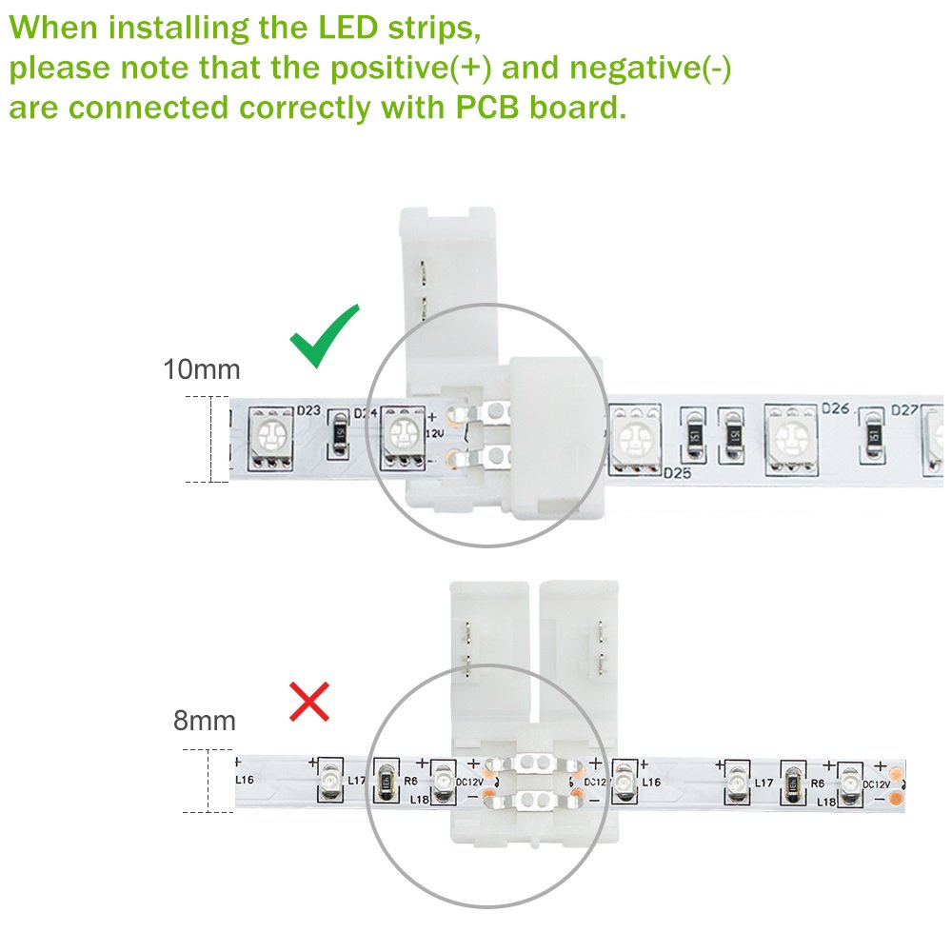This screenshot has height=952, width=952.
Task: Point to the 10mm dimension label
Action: point(201,368)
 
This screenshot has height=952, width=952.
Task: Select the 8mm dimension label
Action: point(204,720)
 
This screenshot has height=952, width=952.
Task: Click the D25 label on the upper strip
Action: point(676,472)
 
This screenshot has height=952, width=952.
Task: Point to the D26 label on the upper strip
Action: point(835,410)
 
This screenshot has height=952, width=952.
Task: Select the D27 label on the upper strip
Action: point(905,411)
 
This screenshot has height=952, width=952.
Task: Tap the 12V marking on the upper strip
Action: point(435,433)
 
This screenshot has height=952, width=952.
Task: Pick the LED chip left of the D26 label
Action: point(790,439)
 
